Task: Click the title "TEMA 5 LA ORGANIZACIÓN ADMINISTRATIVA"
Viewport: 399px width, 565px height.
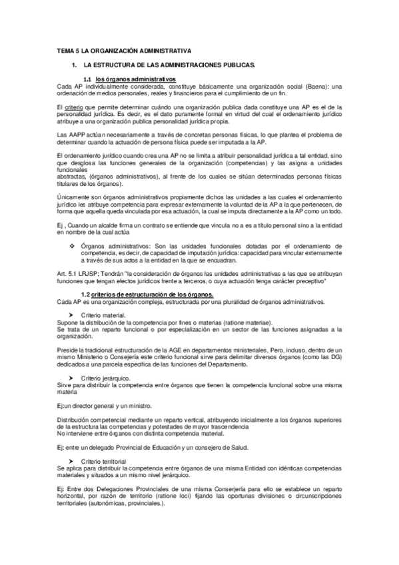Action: click(124, 50)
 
